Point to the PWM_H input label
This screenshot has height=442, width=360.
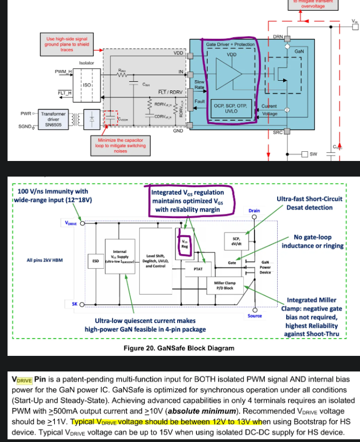[63, 72]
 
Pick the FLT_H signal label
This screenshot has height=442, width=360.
[65, 93]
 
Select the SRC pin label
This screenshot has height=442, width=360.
[278, 132]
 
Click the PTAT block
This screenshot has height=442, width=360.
[197, 268]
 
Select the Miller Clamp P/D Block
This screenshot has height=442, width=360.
[225, 285]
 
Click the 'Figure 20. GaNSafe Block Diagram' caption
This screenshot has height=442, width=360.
[179, 348]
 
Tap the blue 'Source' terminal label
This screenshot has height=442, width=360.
[255, 315]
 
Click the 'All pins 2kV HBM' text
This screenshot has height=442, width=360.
[45, 261]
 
